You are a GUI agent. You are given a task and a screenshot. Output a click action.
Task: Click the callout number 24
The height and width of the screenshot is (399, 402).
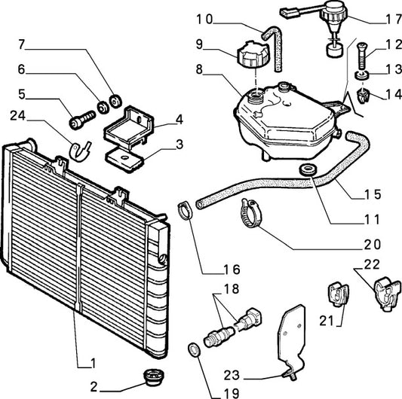18,116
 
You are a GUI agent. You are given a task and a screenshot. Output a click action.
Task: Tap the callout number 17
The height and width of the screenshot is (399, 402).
394,20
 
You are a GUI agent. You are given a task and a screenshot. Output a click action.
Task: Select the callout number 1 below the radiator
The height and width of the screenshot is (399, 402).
93,363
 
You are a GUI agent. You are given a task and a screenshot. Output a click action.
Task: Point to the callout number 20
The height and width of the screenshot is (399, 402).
373,245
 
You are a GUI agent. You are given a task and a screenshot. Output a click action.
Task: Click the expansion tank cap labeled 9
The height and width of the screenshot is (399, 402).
253,55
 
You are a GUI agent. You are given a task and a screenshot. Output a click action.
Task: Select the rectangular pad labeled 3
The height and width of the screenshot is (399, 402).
125,159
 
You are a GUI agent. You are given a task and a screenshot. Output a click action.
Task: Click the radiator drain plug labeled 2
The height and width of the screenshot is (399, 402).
153,376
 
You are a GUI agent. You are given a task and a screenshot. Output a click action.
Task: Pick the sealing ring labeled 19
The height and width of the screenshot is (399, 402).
195,350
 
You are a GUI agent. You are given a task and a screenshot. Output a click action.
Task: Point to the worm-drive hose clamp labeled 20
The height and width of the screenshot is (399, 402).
250,213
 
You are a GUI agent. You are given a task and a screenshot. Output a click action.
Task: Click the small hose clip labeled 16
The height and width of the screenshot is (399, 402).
185,210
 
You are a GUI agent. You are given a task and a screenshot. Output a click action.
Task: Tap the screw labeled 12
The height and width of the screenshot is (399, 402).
362,56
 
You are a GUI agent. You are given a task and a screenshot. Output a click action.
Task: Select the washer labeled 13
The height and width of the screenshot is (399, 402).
362,76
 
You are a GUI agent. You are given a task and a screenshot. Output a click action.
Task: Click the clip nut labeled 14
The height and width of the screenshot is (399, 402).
363,96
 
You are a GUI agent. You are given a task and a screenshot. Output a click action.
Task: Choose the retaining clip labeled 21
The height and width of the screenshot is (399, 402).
338,294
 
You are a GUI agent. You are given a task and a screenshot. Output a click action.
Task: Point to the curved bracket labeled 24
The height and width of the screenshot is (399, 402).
80,151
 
